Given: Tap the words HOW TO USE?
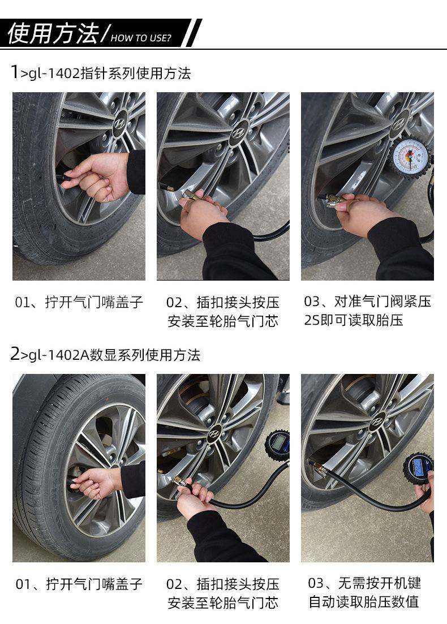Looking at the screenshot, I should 141,38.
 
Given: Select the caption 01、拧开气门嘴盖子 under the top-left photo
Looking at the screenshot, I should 79,302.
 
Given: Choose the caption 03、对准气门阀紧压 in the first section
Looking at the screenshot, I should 367,302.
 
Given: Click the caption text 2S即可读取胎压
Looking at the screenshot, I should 354,320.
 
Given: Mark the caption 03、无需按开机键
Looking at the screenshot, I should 364,583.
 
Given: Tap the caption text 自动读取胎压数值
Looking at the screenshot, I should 364,602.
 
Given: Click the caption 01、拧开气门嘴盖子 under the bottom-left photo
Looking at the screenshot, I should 79,584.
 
